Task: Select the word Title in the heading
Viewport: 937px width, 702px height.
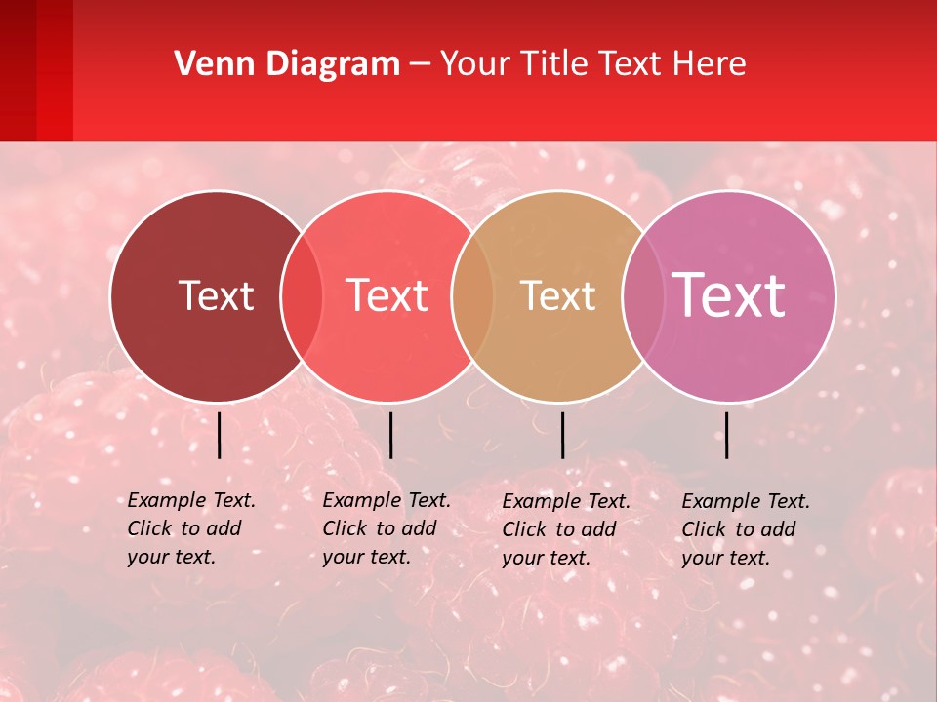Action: tap(555, 64)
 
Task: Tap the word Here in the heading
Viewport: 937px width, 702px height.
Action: tap(711, 64)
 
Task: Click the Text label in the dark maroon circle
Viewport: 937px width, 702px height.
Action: tap(216, 295)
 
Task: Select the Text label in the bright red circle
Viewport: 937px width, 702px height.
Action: tap(387, 295)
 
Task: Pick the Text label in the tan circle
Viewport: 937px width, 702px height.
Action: tap(558, 295)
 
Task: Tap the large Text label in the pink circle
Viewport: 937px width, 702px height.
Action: tap(729, 294)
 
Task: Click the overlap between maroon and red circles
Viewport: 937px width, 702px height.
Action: tap(302, 295)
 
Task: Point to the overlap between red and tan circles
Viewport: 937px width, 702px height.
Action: tap(472, 295)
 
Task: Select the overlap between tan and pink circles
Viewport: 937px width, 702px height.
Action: tap(643, 295)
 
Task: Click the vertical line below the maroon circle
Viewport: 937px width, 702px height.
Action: tap(219, 435)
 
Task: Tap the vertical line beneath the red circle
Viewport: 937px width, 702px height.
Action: tap(390, 435)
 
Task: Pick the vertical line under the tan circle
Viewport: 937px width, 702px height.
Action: tap(562, 435)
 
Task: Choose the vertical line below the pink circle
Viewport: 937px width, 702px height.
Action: tap(726, 435)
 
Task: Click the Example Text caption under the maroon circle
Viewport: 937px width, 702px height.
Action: tap(190, 527)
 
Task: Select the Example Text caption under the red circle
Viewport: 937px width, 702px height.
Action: tap(386, 527)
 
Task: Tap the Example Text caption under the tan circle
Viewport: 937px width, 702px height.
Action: tap(565, 528)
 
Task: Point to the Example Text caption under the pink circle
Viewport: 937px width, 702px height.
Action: tap(745, 528)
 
